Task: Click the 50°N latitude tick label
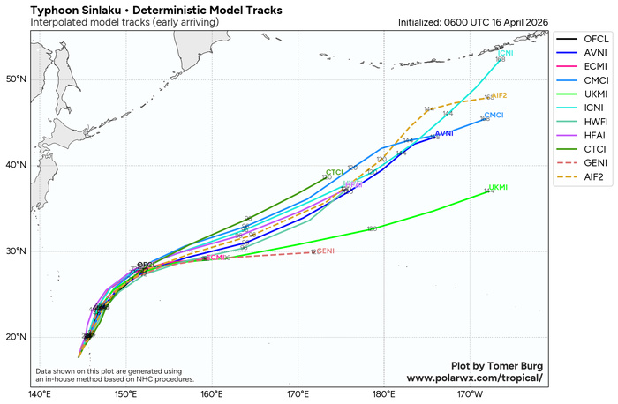click(16, 79)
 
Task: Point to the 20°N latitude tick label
click(16, 337)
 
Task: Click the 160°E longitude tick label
click(211, 394)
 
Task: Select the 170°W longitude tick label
click(470, 394)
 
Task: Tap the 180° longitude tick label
click(383, 394)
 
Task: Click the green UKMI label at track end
click(498, 188)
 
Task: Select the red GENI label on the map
click(325, 251)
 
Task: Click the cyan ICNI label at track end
click(506, 54)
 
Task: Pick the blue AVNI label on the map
click(444, 133)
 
